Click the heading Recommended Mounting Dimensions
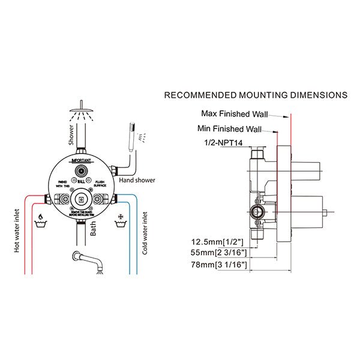coord(256,95)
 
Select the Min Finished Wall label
coord(229,128)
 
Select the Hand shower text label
coord(137,180)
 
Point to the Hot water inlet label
coord(17,230)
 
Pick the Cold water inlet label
coord(146,231)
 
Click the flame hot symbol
coord(41,217)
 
